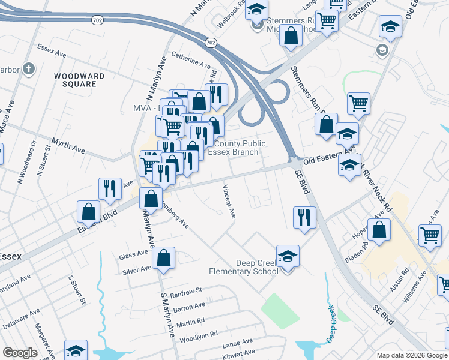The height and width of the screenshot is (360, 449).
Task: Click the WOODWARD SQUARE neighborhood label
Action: click(79, 80)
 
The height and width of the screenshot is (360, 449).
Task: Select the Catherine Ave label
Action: click(191, 59)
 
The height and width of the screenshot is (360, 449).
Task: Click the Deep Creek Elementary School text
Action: click(244, 267)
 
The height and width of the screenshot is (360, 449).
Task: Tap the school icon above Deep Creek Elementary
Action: click(288, 256)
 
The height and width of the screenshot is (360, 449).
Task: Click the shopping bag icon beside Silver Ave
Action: click(163, 258)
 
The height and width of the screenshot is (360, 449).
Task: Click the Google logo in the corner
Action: click(19, 353)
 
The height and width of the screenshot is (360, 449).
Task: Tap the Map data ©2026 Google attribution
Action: click(412, 355)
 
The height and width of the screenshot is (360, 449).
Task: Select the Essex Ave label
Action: click(51, 50)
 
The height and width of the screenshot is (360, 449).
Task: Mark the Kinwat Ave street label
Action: click(238, 353)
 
